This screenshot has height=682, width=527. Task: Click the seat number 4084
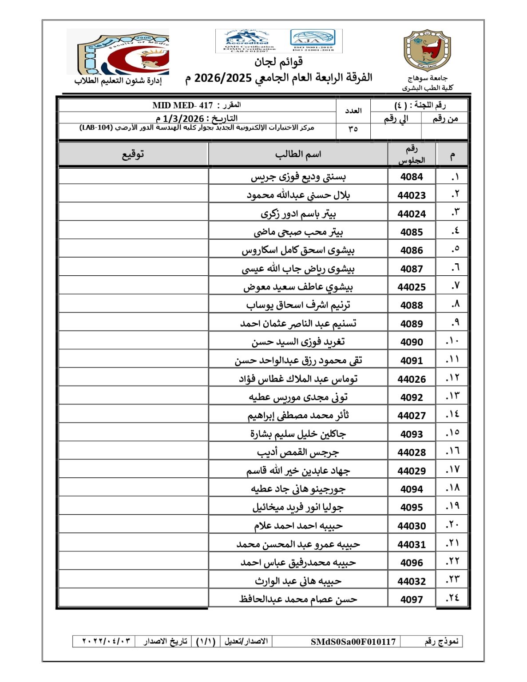[x=412, y=177]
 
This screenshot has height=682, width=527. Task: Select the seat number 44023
[x=412, y=195]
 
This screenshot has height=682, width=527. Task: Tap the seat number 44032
[x=412, y=581]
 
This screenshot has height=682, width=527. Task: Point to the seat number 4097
[x=412, y=599]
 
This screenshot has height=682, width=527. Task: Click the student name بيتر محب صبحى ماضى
[x=298, y=232]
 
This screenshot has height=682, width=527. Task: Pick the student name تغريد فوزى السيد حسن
[x=298, y=342]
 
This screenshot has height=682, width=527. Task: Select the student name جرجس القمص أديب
[x=298, y=452]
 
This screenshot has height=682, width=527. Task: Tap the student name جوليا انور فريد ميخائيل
[x=298, y=507]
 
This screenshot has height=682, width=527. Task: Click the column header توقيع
[x=133, y=155]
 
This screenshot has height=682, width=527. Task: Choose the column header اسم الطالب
[x=298, y=155]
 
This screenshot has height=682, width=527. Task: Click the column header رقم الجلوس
[x=412, y=155]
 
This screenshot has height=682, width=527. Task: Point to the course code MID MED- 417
[x=183, y=105]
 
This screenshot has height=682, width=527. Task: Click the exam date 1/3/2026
[x=183, y=119]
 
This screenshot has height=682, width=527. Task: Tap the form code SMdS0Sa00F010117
[x=353, y=642]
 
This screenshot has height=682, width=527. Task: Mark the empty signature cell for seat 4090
[x=133, y=342]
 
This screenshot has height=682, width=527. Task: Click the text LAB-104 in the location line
[x=96, y=128]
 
